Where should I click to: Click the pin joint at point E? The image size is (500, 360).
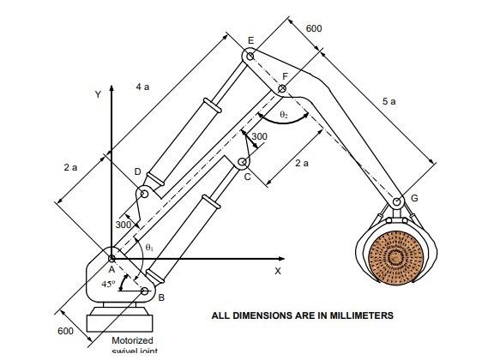click(x=250, y=57)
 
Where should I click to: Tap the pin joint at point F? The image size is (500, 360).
click(x=281, y=88)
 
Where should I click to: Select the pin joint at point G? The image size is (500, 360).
click(x=397, y=202)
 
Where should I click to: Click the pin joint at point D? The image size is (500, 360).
click(x=145, y=194)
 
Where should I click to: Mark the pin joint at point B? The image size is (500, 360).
click(x=145, y=291)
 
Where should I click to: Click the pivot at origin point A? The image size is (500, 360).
click(x=111, y=257)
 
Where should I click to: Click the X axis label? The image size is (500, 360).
click(x=278, y=271)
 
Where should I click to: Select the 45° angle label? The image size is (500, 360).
click(x=109, y=284)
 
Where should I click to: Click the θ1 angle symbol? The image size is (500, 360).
click(x=150, y=247)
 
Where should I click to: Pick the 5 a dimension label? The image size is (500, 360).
click(x=389, y=101)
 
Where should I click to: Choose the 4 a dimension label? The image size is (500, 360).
click(x=144, y=87)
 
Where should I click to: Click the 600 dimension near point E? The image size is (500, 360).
click(x=314, y=28)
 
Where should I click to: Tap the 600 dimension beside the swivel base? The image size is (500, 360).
click(x=65, y=331)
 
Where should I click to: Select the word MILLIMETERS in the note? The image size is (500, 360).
click(x=358, y=315)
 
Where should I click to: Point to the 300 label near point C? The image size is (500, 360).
click(x=258, y=136)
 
